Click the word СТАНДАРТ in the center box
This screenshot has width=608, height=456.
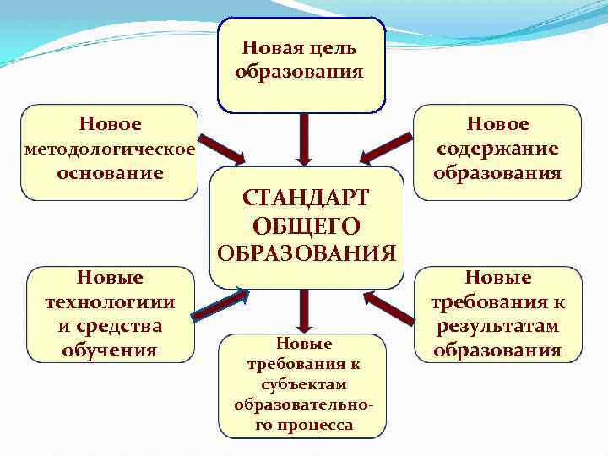click(305, 198)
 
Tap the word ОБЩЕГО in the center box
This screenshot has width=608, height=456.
click(305, 225)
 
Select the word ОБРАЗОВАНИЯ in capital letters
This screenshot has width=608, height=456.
click(305, 252)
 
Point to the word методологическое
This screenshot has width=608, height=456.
click(110, 149)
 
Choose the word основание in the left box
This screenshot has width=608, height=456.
click(110, 173)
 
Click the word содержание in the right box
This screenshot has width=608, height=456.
click(497, 149)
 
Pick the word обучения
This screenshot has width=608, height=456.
click(110, 349)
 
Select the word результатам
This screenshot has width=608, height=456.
click(497, 326)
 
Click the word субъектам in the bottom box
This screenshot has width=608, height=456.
click(304, 384)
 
